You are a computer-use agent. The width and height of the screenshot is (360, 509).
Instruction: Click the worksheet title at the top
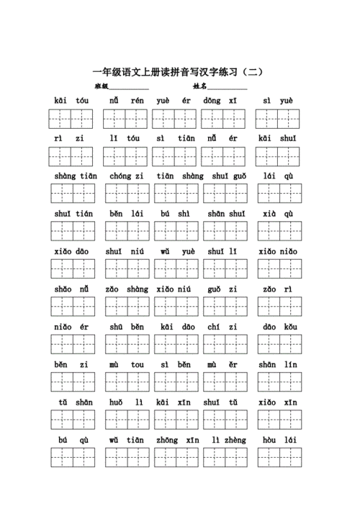[179, 73]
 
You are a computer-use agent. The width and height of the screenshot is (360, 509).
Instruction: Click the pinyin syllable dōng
[211, 101]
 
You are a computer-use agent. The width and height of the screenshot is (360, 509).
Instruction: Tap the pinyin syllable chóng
[117, 176]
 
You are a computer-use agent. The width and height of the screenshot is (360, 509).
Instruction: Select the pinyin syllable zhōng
[166, 439]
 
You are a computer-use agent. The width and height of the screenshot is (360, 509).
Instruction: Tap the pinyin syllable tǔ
[63, 402]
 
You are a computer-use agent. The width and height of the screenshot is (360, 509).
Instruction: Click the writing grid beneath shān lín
[279, 382]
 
